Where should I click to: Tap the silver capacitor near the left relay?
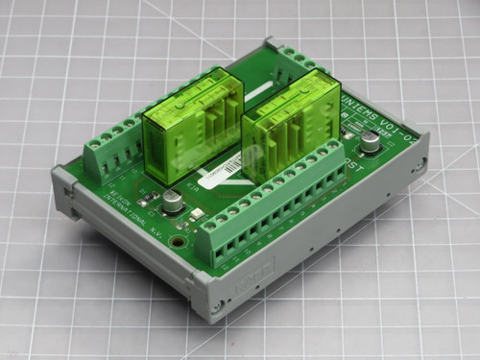click(171, 201)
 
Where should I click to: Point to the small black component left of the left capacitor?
click(151, 198)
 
